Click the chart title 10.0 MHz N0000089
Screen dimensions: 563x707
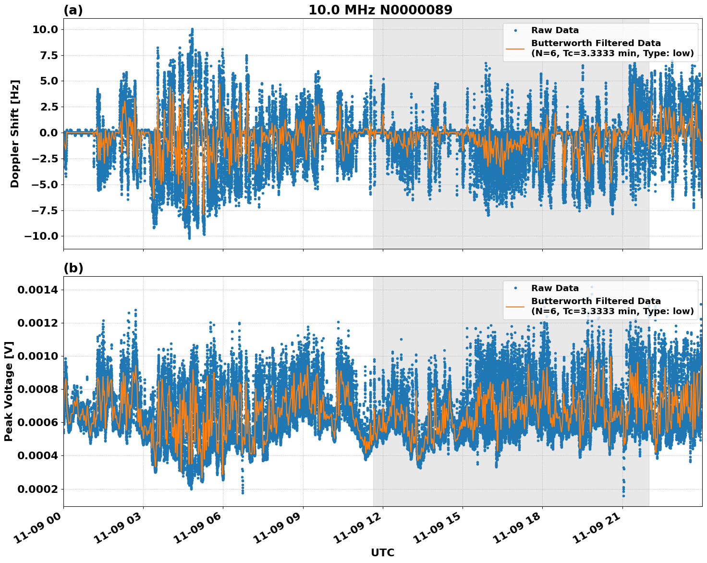tap(380, 10)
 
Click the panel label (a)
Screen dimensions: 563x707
tap(73, 11)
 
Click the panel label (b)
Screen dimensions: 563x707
tap(73, 268)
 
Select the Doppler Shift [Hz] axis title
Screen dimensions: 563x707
tap(15, 134)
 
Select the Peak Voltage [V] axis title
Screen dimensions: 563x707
tap(9, 391)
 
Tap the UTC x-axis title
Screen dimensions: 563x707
tap(382, 552)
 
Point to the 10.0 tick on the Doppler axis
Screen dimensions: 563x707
tap(45, 29)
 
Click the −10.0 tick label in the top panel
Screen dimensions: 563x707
tap(41, 236)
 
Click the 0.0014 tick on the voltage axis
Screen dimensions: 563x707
tap(38, 290)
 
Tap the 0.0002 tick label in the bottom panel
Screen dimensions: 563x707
tap(38, 489)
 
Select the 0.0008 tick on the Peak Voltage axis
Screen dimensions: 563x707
tap(38, 389)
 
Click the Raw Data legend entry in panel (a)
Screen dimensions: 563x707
tap(555, 30)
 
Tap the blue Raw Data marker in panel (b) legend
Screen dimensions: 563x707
tap(515, 288)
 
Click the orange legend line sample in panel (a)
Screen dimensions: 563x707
tap(515, 48)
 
